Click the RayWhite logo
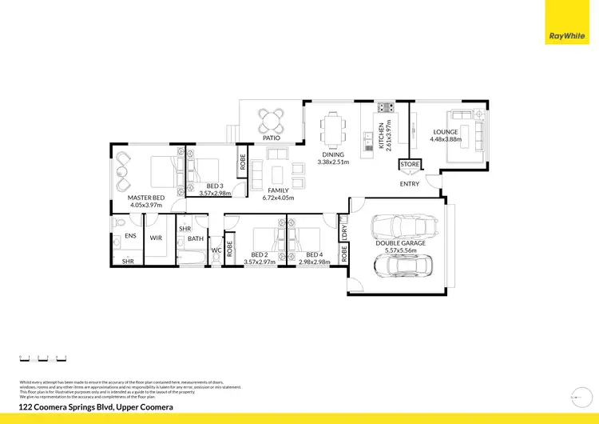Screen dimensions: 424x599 coord(567,34)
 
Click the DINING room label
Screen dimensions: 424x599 coord(333,154)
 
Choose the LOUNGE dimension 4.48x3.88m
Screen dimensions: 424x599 coord(446,140)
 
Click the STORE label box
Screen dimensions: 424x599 coord(410,165)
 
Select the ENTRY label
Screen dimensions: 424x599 coord(410,184)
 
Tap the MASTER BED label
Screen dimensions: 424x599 coord(146,197)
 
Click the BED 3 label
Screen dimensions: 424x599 coord(215,186)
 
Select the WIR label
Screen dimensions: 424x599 coord(157,238)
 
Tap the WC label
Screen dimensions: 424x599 coord(216,250)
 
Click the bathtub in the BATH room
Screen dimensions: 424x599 coord(192,258)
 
